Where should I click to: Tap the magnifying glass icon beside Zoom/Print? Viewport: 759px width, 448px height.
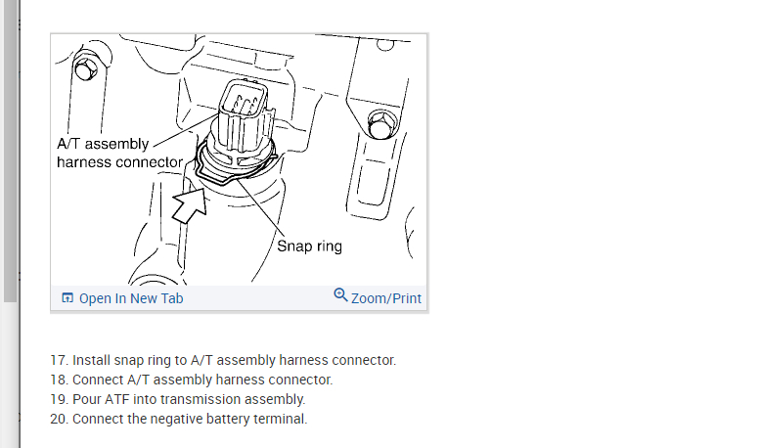[x=340, y=295]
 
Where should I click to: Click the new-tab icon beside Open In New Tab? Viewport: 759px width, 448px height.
[x=67, y=298]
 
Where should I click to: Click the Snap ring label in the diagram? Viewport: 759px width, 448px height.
[x=309, y=246]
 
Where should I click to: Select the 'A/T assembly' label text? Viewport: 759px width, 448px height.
[x=103, y=144]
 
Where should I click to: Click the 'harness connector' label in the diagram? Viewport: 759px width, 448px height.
[x=119, y=161]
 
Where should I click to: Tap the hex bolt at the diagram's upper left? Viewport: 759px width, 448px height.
[x=87, y=69]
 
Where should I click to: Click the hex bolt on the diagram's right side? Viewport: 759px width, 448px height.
[x=381, y=124]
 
